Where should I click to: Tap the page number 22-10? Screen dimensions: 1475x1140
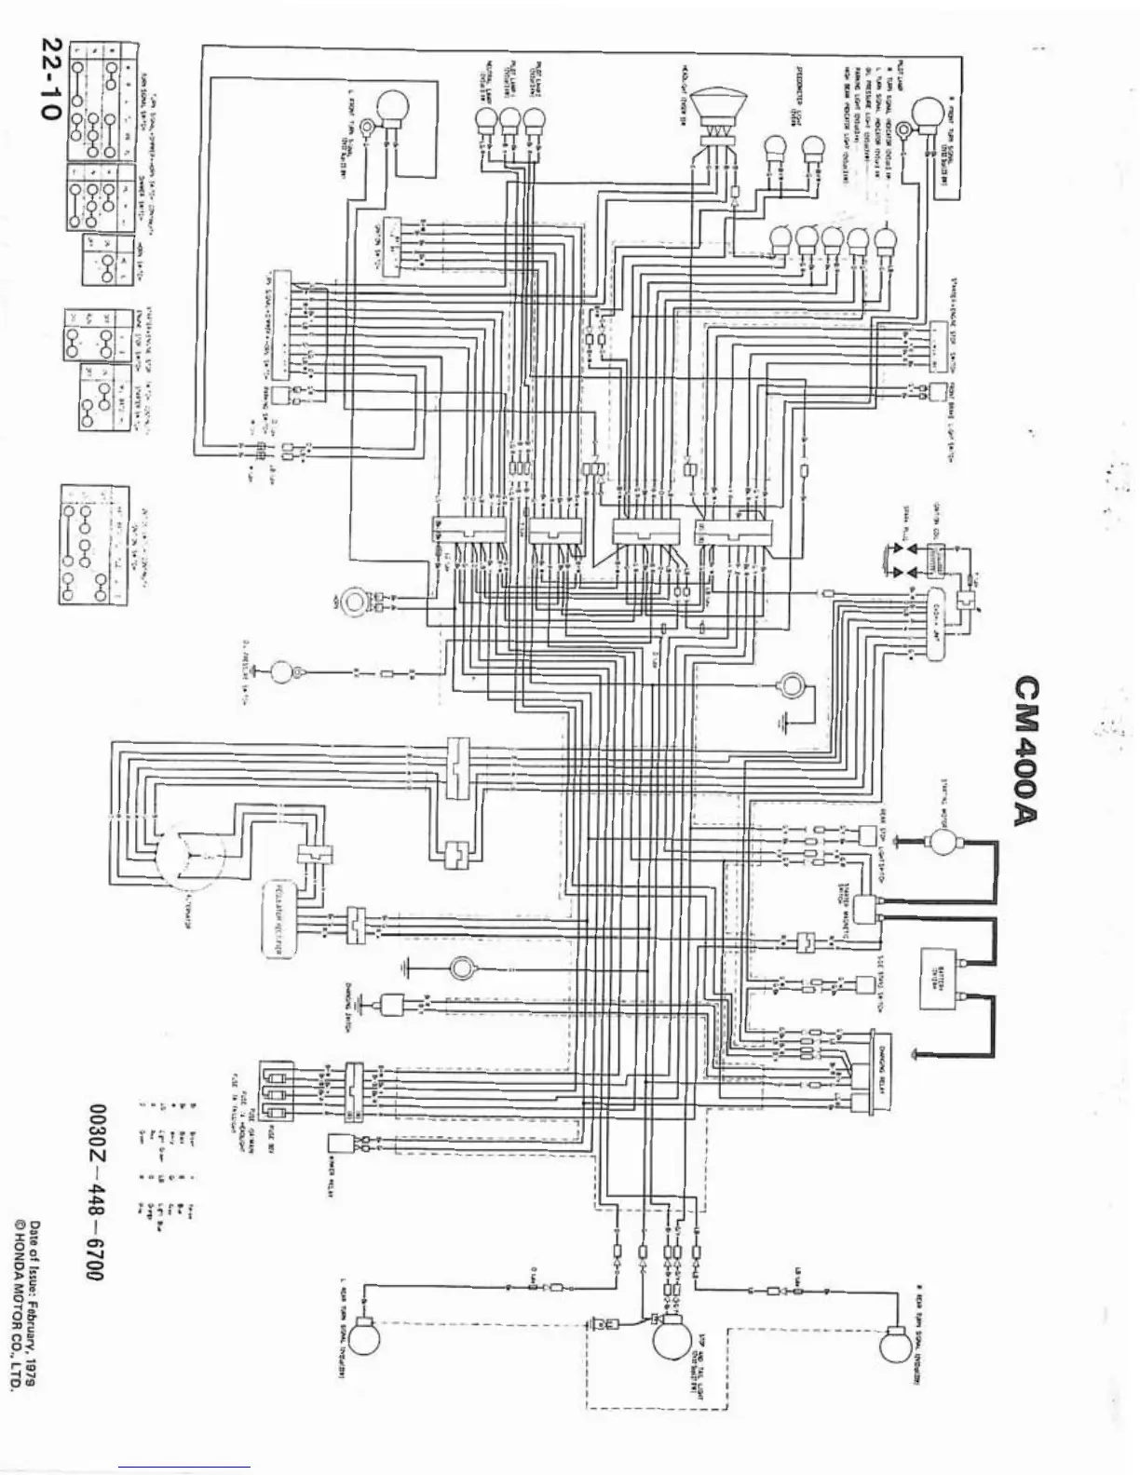pos(49,78)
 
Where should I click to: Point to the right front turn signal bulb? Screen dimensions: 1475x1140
pos(929,116)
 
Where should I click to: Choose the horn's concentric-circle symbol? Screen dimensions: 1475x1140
pos(355,602)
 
